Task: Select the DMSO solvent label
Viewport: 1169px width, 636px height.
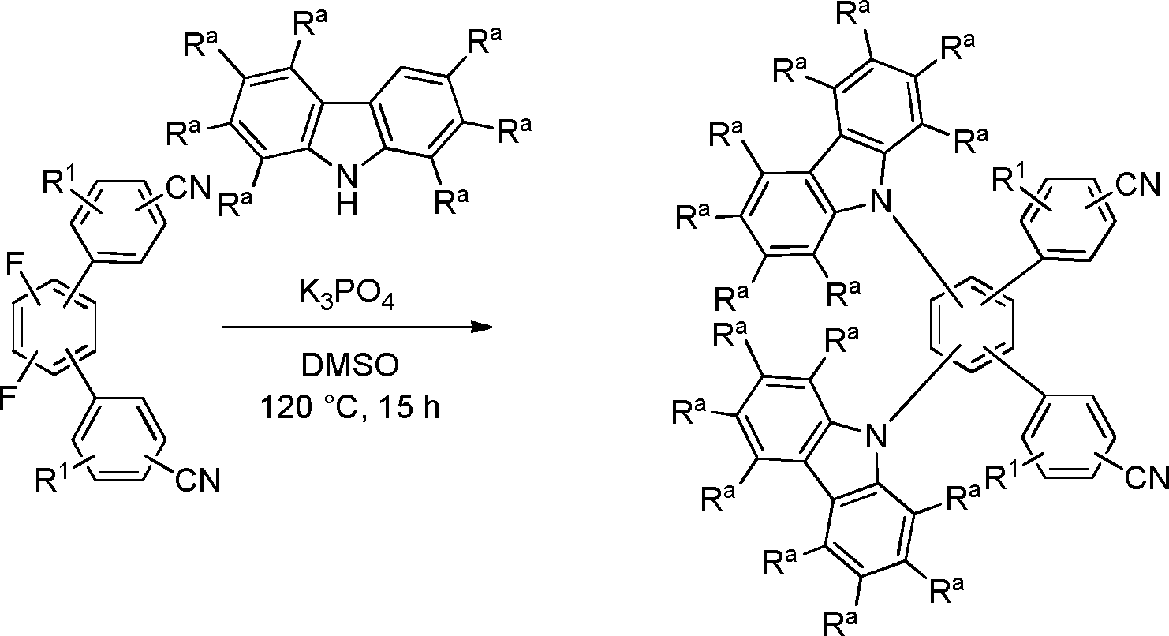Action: (350, 365)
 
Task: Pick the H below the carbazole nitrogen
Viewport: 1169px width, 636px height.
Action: (346, 204)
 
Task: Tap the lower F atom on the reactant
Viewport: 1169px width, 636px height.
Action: (8, 398)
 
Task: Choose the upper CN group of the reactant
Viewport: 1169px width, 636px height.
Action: (189, 186)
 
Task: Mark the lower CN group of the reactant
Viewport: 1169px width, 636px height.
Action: (198, 479)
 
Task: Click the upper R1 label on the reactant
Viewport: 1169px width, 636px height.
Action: (61, 181)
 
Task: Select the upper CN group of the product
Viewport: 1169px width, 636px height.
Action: (1137, 185)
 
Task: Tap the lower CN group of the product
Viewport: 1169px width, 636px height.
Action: (1147, 477)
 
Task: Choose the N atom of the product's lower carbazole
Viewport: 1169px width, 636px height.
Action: (876, 435)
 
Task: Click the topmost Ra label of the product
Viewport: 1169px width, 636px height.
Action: (853, 13)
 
